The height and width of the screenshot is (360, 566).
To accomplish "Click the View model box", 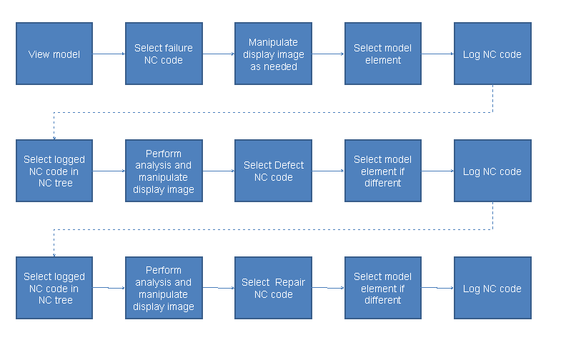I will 54,54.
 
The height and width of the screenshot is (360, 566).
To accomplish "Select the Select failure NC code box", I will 164,54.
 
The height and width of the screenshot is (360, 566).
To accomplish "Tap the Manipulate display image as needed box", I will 273,54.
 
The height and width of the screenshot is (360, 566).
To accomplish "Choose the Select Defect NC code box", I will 273,171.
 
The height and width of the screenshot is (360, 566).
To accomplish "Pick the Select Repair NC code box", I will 273,288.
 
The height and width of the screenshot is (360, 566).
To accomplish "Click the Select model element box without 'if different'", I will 383,54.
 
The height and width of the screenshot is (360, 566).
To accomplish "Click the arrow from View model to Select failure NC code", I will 109,54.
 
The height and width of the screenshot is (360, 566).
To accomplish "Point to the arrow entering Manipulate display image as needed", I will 218,54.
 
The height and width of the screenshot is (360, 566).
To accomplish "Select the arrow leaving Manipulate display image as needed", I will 328,54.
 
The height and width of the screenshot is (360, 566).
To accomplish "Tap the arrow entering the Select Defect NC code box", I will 218,171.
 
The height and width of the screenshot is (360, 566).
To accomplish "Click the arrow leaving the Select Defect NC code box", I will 328,171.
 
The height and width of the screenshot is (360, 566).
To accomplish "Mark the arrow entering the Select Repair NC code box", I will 218,288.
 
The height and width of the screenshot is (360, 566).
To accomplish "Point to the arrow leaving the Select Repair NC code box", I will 328,288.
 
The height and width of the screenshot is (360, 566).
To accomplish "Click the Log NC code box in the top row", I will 492,54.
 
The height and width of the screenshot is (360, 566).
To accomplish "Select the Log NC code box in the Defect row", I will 492,171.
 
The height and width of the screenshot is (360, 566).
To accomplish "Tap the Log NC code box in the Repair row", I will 492,288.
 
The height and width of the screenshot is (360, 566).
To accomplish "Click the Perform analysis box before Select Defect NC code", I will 164,171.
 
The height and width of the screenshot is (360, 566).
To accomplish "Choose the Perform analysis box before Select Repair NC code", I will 164,288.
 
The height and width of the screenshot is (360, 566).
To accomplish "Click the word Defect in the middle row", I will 289,165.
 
